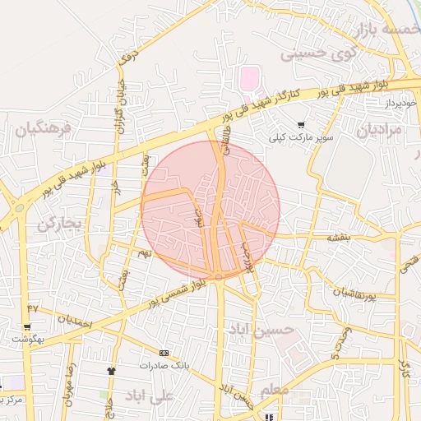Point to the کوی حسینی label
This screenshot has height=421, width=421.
point(321,54)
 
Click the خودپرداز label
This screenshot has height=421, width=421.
point(401,104)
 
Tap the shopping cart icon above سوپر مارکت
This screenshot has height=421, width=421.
point(302,125)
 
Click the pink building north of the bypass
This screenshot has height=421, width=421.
point(248,80)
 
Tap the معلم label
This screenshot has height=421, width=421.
point(275,388)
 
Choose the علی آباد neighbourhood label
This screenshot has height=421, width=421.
point(149,396)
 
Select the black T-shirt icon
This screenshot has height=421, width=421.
point(111,370)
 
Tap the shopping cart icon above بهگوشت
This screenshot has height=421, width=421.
point(27,327)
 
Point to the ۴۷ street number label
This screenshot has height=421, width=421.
point(33,308)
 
